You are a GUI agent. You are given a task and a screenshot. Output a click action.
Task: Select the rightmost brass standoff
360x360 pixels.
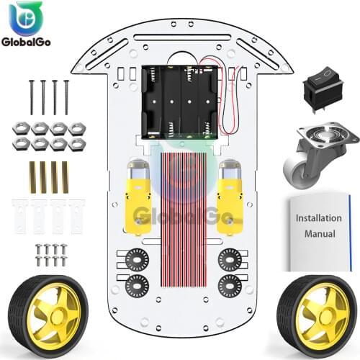[x=66, y=177]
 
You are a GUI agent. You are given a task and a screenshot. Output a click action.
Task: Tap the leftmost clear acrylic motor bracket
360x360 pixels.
[x=20, y=215]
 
